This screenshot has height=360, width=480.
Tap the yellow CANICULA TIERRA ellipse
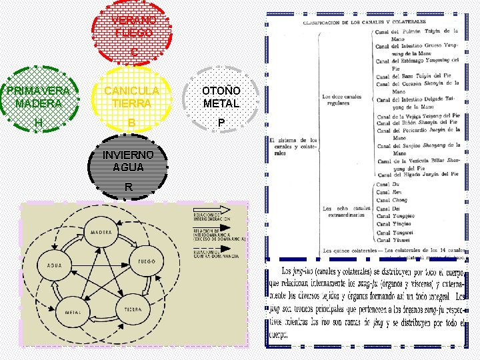[x=132, y=100]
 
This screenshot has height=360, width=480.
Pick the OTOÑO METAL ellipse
[x=221, y=100]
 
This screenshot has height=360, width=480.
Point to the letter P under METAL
[x=221, y=123]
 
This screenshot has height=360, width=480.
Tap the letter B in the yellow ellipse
[x=132, y=123]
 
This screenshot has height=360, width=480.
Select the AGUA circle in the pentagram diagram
[x=54, y=265]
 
